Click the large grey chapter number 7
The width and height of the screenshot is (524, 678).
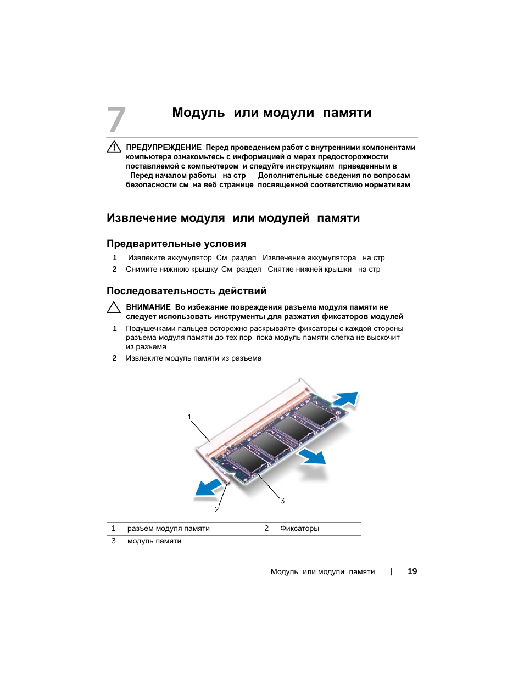116,120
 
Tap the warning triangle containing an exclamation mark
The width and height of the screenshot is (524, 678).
114,147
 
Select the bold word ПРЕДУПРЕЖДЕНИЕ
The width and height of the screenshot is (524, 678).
164,147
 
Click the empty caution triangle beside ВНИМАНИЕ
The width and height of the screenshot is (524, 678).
114,307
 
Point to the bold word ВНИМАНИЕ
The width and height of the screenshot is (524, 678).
148,307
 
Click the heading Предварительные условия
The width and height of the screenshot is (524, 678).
176,244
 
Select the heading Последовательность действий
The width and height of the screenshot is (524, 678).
186,291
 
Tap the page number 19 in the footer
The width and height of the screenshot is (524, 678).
412,571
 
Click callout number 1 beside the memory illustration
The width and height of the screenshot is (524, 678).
189,417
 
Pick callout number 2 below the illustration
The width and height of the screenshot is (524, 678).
216,509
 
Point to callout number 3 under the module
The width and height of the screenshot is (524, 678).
282,501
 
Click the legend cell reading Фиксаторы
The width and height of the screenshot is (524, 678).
299,529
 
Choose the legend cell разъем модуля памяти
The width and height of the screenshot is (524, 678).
168,529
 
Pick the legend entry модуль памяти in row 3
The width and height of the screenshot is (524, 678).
154,541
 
